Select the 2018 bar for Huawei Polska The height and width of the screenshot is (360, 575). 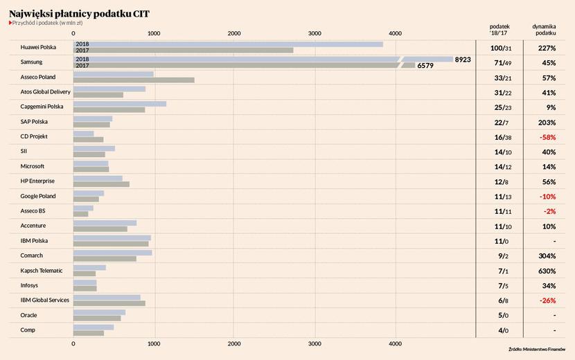tap(229, 44)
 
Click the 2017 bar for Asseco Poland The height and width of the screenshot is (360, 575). tap(134, 80)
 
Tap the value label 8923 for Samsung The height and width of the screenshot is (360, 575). tap(463, 60)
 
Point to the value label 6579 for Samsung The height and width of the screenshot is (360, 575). tap(425, 66)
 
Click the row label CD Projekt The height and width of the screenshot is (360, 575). tap(34, 136)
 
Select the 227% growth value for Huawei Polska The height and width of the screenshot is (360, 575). tap(547, 48)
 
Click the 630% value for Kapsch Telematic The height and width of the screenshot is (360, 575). tap(547, 271)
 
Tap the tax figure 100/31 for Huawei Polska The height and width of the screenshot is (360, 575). tap(500, 48)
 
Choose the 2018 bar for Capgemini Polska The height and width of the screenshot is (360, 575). tap(120, 104)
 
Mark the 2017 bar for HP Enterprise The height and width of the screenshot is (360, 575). tap(101, 184)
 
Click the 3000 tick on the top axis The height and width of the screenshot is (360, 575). tap(315, 33)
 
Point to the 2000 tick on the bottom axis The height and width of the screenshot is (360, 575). tap(234, 343)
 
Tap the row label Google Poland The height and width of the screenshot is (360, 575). tap(38, 196)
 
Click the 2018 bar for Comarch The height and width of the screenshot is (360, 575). tap(113, 253)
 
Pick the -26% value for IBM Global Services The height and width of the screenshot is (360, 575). tap(547, 301)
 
